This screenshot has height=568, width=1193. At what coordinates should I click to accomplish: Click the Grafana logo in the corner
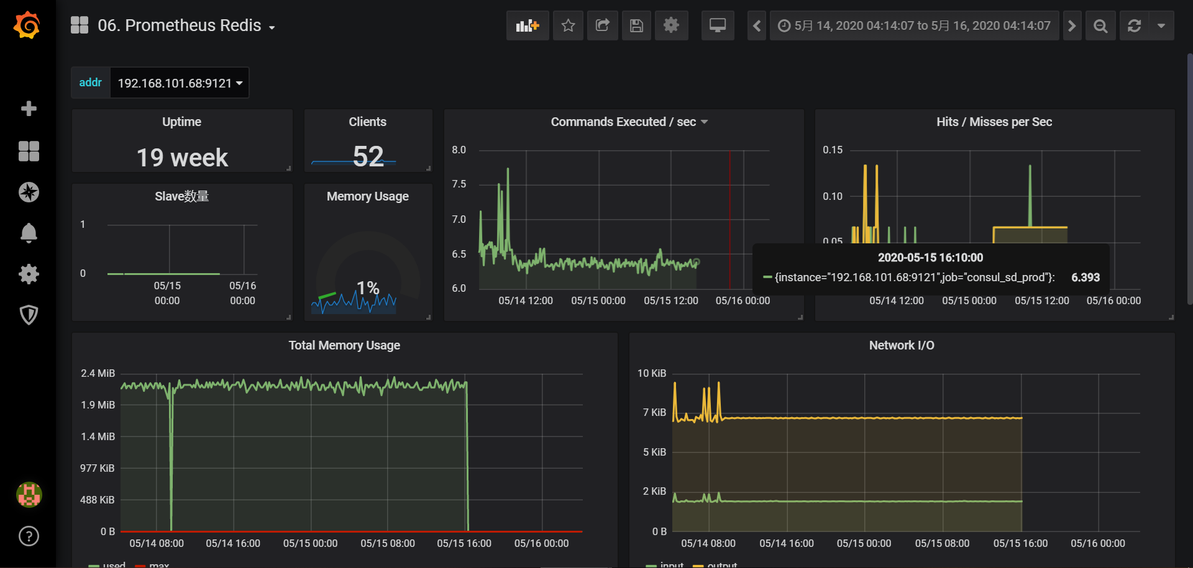pyautogui.click(x=27, y=25)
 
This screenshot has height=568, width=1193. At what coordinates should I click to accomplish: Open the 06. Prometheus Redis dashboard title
pyautogui.click(x=180, y=25)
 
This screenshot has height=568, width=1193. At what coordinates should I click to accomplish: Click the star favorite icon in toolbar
pyautogui.click(x=568, y=25)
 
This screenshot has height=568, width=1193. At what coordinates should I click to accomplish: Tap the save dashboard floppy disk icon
pyautogui.click(x=636, y=25)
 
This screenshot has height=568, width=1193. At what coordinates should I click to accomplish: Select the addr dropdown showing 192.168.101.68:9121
pyautogui.click(x=180, y=83)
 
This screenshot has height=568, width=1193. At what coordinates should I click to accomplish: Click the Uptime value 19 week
pyautogui.click(x=182, y=158)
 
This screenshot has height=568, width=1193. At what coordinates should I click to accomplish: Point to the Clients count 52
pyautogui.click(x=368, y=156)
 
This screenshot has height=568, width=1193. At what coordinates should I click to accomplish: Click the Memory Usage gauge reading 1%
pyautogui.click(x=368, y=287)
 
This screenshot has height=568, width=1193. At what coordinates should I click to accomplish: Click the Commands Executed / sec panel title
pyautogui.click(x=623, y=122)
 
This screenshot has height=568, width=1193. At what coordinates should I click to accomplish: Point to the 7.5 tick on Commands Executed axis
pyautogui.click(x=459, y=184)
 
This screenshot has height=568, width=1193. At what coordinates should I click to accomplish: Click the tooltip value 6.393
pyautogui.click(x=1085, y=277)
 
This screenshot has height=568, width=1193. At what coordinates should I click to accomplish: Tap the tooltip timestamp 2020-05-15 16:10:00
pyautogui.click(x=930, y=258)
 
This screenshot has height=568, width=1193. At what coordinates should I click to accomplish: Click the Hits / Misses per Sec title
pyautogui.click(x=994, y=122)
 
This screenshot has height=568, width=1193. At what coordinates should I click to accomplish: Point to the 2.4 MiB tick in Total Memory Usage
pyautogui.click(x=98, y=373)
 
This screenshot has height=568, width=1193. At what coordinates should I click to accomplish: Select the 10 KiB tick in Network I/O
pyautogui.click(x=651, y=373)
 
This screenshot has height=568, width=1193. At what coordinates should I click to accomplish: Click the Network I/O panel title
pyautogui.click(x=901, y=345)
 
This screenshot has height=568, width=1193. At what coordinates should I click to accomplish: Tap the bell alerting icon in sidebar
pyautogui.click(x=29, y=233)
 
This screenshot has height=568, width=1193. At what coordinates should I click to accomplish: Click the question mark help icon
pyautogui.click(x=29, y=536)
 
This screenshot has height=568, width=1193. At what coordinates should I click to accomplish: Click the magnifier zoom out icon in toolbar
pyautogui.click(x=1100, y=25)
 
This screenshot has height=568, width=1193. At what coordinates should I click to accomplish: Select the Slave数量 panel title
pyautogui.click(x=181, y=196)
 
